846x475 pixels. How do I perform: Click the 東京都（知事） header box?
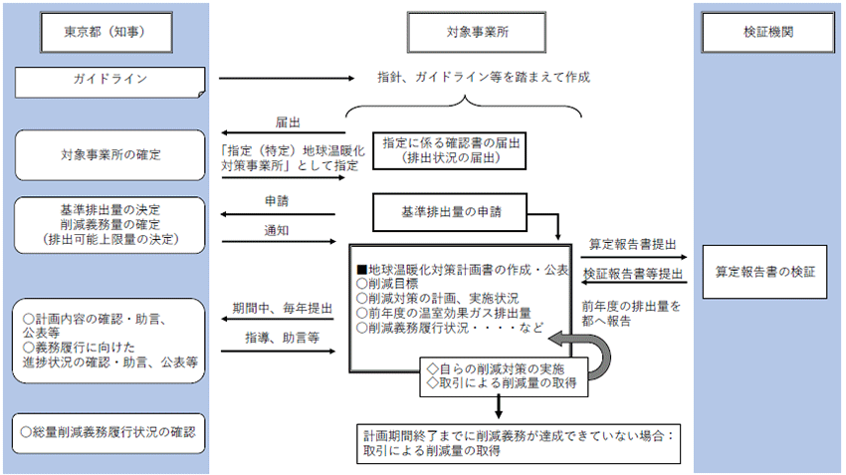click(x=105, y=31)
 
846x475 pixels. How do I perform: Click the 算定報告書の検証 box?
click(x=764, y=271)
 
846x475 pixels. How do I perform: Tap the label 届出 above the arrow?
click(x=288, y=122)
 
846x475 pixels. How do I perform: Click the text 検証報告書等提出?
click(x=633, y=273)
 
